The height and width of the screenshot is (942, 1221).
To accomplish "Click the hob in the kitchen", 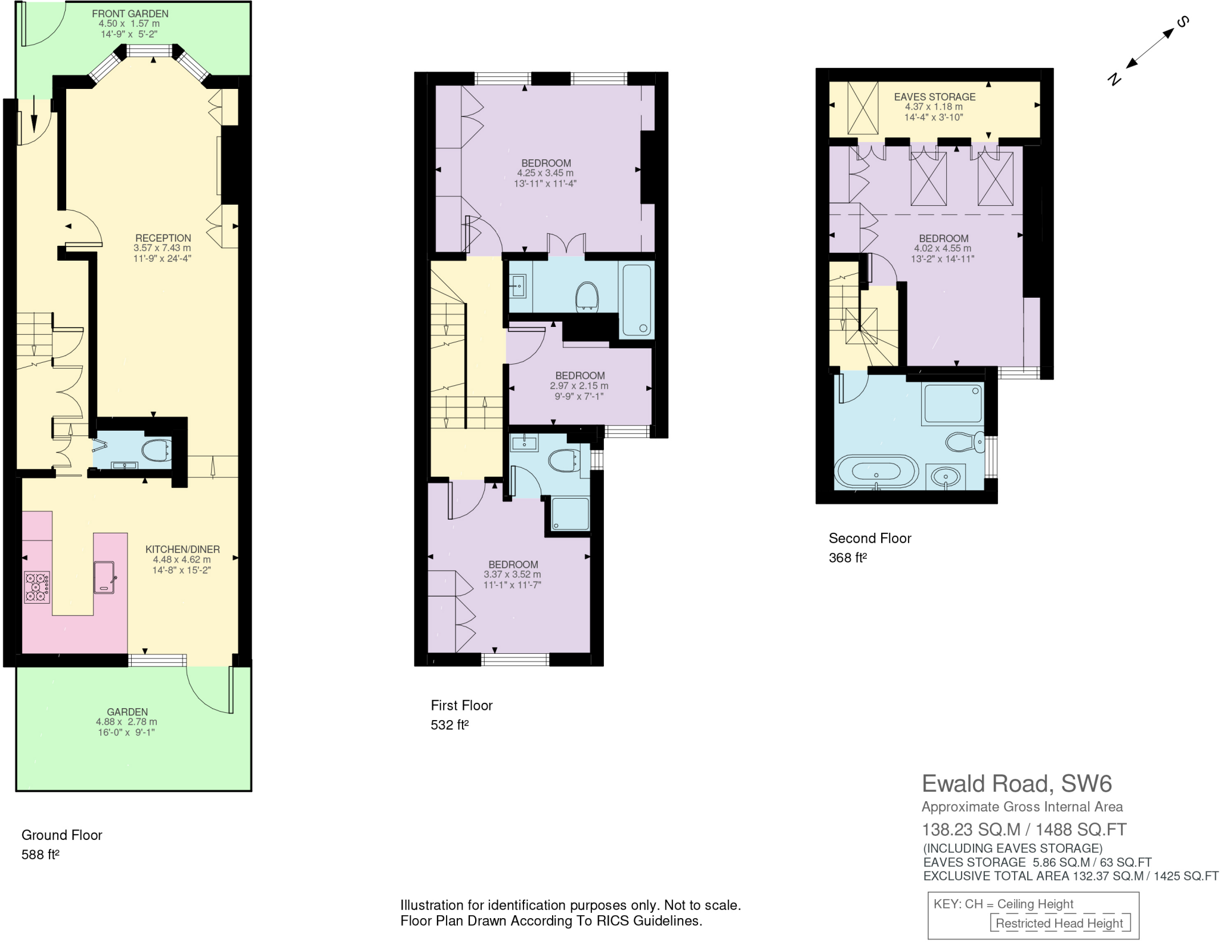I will pos(37,587).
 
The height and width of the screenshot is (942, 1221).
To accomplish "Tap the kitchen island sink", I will pos(104,577).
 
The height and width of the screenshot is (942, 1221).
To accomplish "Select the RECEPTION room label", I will pos(163,238).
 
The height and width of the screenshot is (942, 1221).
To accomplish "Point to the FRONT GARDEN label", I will pos(130,13).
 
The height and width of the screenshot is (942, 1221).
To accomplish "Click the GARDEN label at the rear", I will pos(127,712).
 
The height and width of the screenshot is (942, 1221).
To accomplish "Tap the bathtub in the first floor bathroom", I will pos(637,300).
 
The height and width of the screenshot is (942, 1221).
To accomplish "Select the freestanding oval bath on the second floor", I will pos(876,472).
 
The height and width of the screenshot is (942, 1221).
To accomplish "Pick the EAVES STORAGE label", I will pos(934,97).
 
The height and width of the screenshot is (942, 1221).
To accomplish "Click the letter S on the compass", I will pos(1182,23).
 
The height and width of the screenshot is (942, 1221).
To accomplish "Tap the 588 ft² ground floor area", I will pos(41,854).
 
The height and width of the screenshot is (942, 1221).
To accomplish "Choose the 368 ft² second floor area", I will pos(847,558).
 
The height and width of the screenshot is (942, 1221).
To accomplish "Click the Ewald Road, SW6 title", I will pos(1017,783).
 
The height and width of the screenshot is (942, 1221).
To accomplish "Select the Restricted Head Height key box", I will pos(1059,923).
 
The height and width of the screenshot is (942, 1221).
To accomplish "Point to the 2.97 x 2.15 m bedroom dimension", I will pos(579,386).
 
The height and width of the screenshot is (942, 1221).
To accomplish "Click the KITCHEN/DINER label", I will pos(182,549).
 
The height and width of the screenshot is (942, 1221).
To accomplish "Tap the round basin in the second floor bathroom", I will pos(946,477).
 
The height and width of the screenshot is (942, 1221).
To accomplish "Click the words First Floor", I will pos(461,705).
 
